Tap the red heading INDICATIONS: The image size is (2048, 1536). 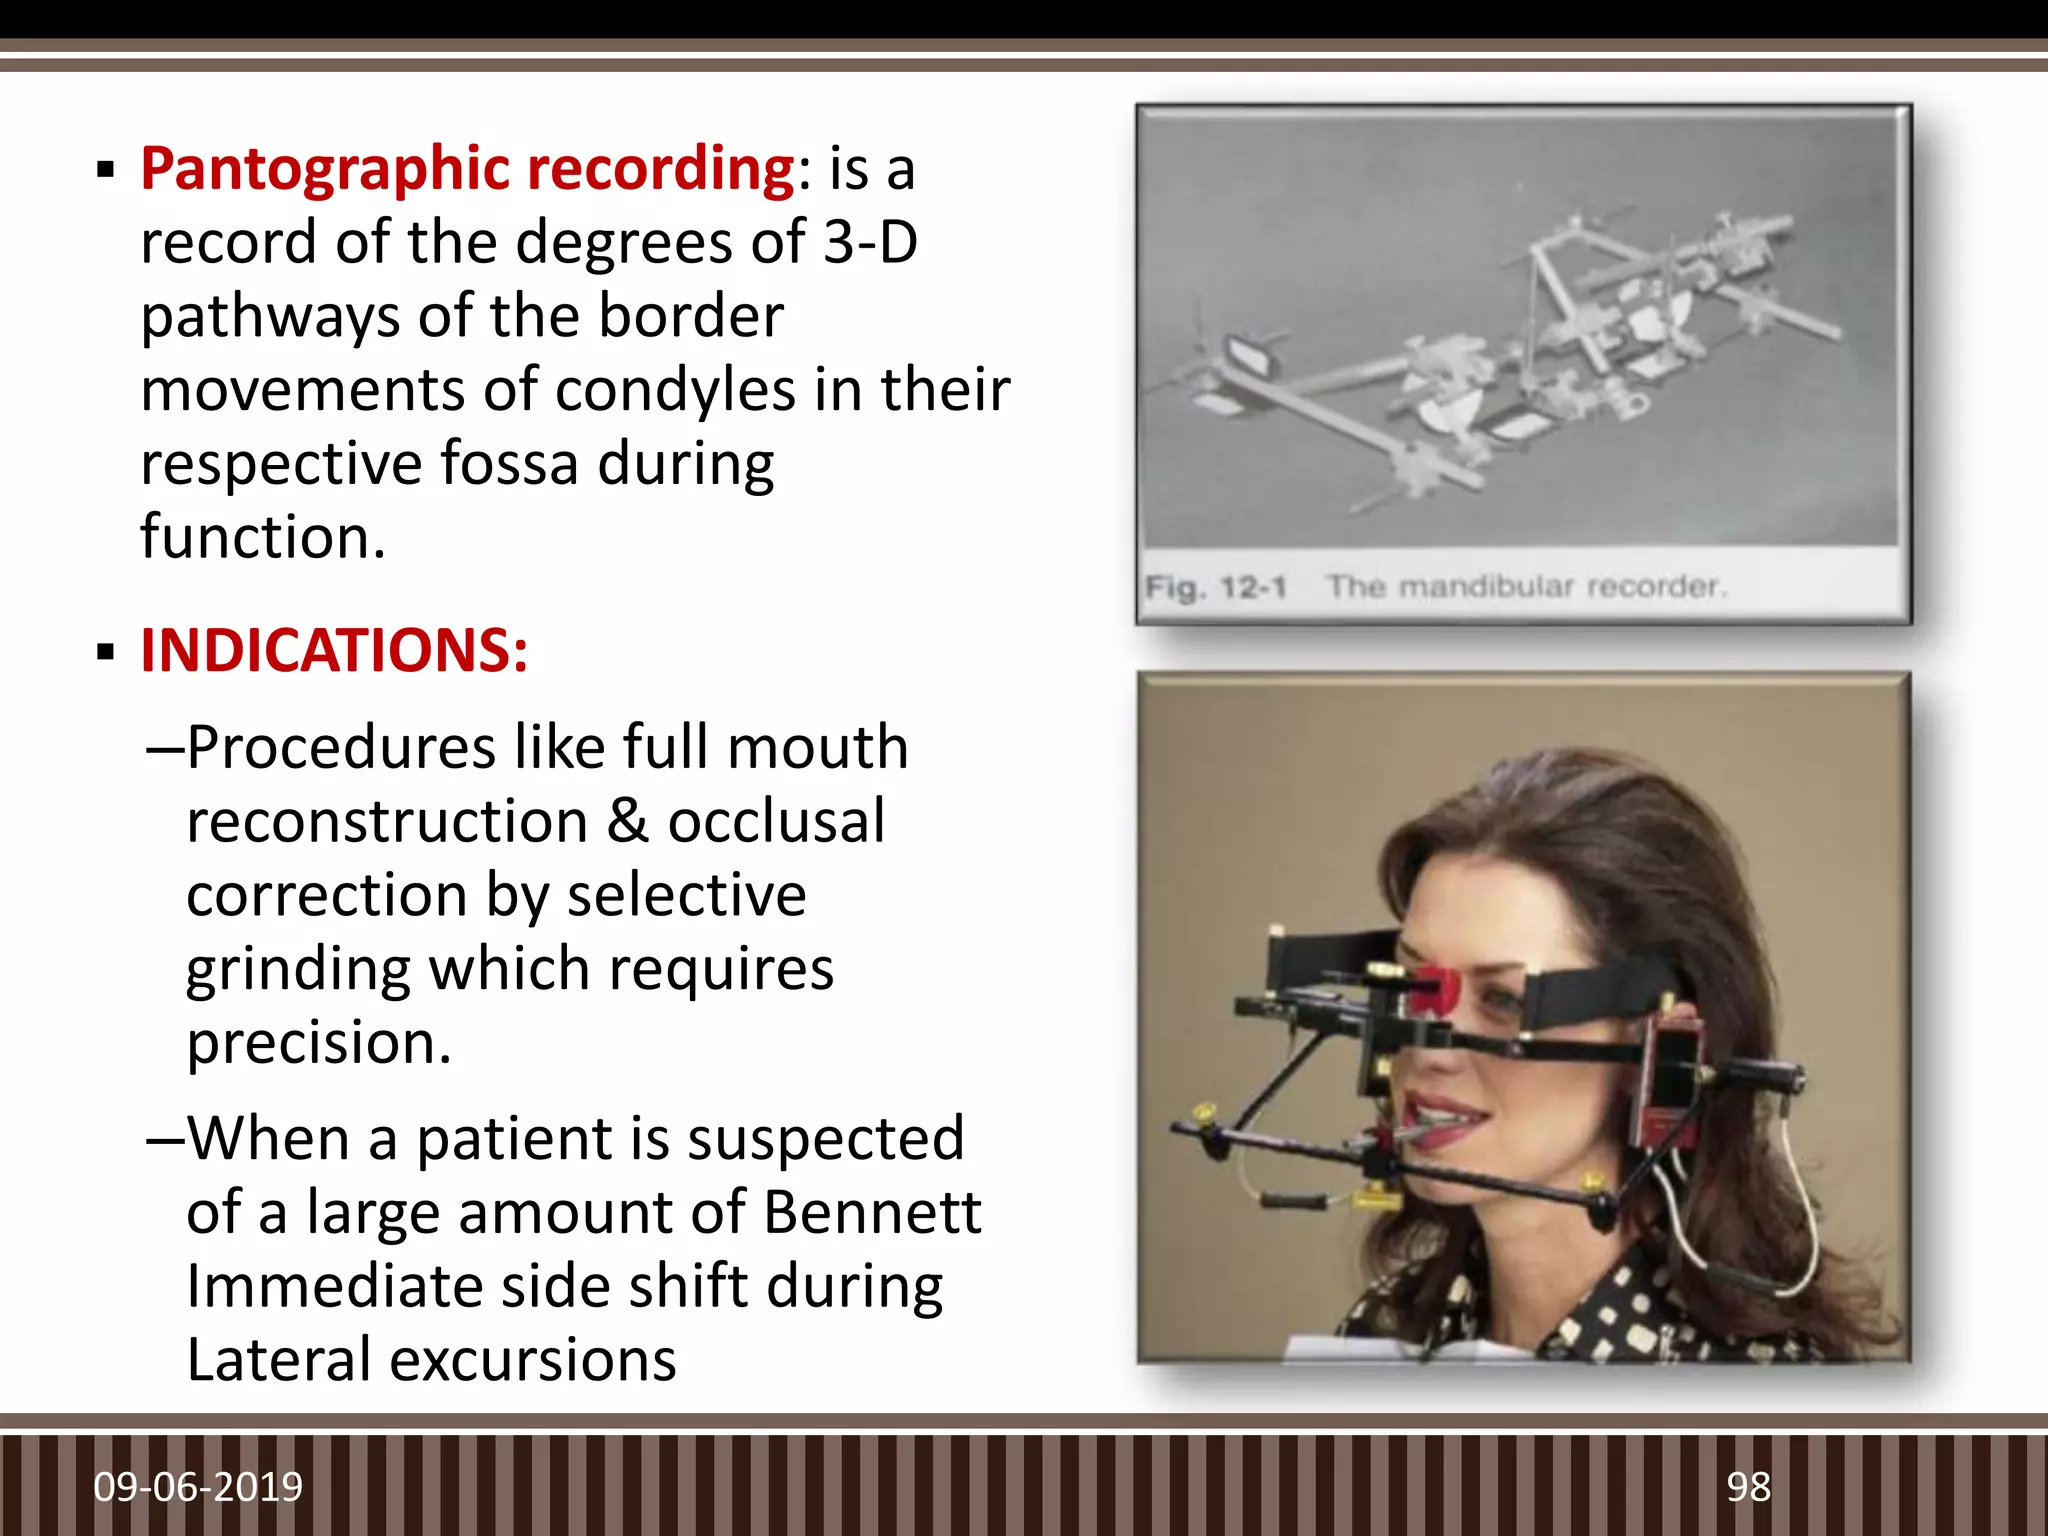coord(334,651)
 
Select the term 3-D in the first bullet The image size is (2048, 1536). coord(870,242)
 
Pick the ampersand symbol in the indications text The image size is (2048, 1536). coord(627,821)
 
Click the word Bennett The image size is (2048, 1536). coord(872,1212)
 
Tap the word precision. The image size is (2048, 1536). coord(319,1043)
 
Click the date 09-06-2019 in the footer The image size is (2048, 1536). coord(198,1487)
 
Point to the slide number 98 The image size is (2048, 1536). coord(1748,1487)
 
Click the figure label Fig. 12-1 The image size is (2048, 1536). coord(1215,587)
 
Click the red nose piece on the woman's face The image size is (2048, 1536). coord(1432,988)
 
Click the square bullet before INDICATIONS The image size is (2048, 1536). coord(106,653)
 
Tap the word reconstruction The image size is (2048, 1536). coord(387,821)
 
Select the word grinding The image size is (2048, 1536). coord(298,969)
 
